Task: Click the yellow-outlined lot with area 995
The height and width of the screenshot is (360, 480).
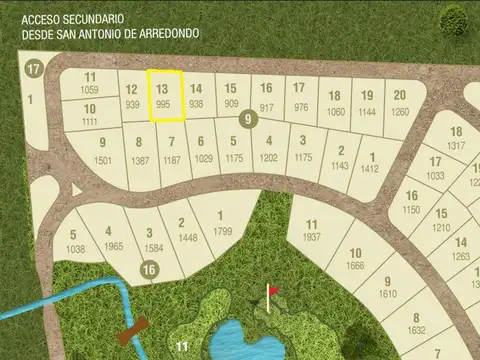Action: coord(165,95)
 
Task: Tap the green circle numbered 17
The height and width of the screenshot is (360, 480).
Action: coord(34,69)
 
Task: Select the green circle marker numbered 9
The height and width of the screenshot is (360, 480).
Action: coord(246,121)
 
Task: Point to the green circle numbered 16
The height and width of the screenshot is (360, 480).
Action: coord(148,269)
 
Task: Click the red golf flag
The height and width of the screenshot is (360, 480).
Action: coord(271,292)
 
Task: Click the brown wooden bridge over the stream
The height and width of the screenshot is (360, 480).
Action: coord(134,331)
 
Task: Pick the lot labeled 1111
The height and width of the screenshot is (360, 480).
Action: coord(90,114)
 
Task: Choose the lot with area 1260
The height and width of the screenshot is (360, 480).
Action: coord(400,103)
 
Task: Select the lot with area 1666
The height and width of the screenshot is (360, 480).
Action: coord(356,259)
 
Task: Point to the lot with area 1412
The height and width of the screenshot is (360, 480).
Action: coord(370,163)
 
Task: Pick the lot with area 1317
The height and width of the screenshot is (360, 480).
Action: coord(456,139)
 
